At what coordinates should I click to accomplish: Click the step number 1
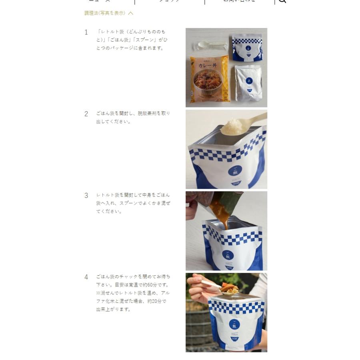coord(86,32)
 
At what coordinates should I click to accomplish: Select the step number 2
coord(86,114)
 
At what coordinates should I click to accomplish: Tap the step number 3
coord(86,196)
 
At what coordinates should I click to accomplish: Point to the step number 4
coord(86,277)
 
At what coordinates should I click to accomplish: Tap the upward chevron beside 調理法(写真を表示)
coord(131,13)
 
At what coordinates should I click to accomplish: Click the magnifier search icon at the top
coord(282,1)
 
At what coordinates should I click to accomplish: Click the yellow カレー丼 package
coord(209,79)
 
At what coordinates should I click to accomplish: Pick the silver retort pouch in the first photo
coord(248,83)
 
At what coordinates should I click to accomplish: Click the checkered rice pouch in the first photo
coord(248,47)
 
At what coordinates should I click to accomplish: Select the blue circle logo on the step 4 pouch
coord(235,324)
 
